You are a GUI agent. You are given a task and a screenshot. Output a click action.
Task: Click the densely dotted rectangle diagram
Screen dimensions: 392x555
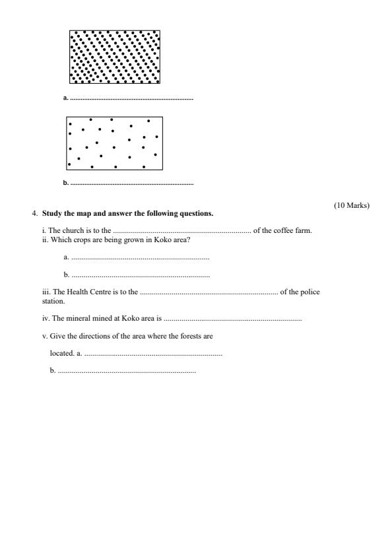coord(115,57)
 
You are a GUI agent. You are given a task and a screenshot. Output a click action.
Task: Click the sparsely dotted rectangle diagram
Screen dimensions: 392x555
coord(114,143)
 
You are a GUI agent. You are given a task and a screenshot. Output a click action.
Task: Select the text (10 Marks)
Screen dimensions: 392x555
coord(352,205)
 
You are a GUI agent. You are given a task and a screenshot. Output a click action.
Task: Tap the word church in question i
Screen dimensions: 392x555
coord(73,230)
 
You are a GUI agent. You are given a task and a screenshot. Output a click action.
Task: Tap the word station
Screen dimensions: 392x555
coord(53,300)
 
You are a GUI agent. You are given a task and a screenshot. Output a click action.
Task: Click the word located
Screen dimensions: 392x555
coord(61,354)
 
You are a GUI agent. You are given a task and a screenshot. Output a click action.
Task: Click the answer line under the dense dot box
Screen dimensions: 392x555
coord(131,98)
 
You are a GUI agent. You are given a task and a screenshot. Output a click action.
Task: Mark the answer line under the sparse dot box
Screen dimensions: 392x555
coord(131,183)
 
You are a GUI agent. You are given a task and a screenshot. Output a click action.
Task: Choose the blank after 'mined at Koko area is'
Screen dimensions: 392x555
coord(232,319)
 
